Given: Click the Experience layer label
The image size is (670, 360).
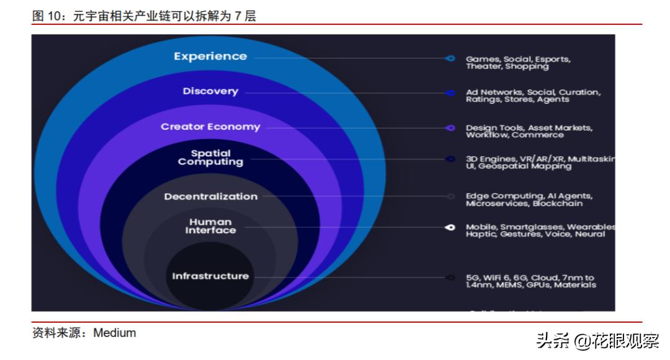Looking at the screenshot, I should click(x=210, y=56).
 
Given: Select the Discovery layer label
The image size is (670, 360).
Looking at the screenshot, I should click(x=210, y=91).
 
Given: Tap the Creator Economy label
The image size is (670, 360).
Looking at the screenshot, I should click(x=210, y=127).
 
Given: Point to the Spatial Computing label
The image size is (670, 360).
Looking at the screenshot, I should click(x=210, y=158).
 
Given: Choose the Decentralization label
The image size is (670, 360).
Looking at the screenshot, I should click(x=210, y=197).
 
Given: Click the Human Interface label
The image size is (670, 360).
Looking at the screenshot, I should click(x=210, y=226).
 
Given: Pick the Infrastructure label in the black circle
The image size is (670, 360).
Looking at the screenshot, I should click(x=210, y=276).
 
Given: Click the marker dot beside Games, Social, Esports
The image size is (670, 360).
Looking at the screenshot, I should click(x=450, y=58).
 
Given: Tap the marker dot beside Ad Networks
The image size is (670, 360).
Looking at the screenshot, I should click(x=450, y=93).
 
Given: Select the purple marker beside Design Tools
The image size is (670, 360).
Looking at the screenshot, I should click(x=450, y=128).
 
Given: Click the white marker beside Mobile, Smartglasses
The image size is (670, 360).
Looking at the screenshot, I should click(x=450, y=228).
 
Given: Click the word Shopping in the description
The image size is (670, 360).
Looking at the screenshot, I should click(x=527, y=66).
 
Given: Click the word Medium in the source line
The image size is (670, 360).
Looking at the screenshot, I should click(x=115, y=333).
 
